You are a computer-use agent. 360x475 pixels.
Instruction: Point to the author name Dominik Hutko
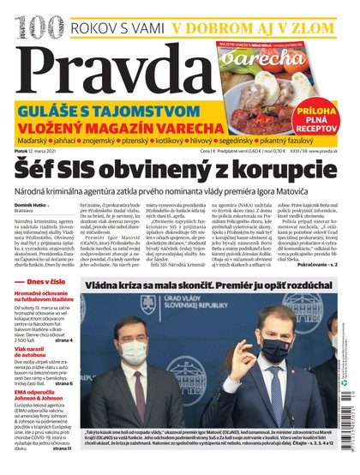[x=28, y=205]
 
